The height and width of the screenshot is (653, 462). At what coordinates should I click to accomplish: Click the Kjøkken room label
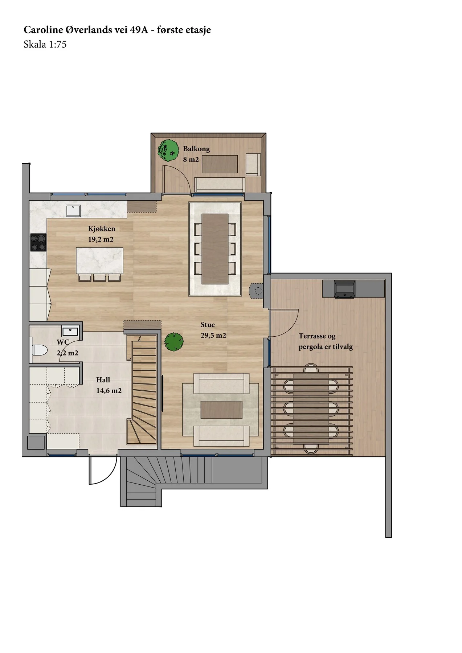pyautogui.click(x=102, y=229)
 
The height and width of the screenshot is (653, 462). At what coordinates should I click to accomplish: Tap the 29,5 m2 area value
pyautogui.click(x=213, y=336)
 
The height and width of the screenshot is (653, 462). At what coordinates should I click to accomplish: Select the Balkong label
pyautogui.click(x=196, y=149)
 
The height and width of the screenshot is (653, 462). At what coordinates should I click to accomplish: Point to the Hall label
pyautogui.click(x=103, y=380)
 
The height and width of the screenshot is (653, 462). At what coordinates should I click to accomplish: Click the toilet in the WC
pyautogui.click(x=40, y=350)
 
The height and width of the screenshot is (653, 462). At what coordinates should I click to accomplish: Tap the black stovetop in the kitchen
pyautogui.click(x=38, y=242)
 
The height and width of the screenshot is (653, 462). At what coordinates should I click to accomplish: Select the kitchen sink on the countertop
pyautogui.click(x=73, y=211)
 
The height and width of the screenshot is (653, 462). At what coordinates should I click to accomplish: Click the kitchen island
pyautogui.click(x=99, y=260)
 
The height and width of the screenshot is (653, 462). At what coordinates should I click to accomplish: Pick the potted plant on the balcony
pyautogui.click(x=168, y=151)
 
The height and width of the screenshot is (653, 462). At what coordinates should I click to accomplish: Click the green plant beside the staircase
pyautogui.click(x=174, y=342)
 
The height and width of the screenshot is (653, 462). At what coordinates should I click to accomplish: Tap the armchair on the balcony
pyautogui.click(x=253, y=165)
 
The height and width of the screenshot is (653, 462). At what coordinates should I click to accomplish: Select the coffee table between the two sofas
pyautogui.click(x=221, y=410)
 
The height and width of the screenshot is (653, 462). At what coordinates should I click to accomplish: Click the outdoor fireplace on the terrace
pyautogui.click(x=344, y=289)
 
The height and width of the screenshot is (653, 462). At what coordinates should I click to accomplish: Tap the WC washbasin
pyautogui.click(x=70, y=331)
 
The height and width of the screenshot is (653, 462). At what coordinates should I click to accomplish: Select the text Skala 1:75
pyautogui.click(x=45, y=45)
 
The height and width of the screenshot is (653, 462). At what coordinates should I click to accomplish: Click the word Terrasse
pyautogui.click(x=312, y=336)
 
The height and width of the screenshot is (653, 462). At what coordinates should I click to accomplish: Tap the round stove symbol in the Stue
pyautogui.click(x=258, y=291)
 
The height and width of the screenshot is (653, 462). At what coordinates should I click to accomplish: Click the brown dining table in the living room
pyautogui.click(x=215, y=249)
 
